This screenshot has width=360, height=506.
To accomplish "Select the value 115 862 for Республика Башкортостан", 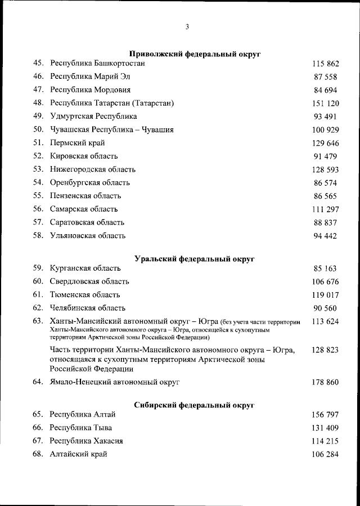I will coord(325,64).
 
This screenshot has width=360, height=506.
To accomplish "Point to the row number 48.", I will coord(38,103).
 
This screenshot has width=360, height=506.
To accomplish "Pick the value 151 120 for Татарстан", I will coord(325,103).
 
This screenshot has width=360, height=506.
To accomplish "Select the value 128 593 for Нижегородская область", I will coord(325,169).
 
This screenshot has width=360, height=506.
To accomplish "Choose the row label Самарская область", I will coord(84,209).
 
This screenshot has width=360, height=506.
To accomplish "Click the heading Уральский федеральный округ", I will coord(195,259).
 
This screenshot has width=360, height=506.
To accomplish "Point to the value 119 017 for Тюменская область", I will coord(325,294).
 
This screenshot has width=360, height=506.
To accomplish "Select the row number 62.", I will coord(38,308).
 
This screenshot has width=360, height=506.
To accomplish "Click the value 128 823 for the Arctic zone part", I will coord(325,350).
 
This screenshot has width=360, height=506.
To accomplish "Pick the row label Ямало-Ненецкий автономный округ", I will coord(115,382).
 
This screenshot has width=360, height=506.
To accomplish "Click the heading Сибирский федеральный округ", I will coord(195,405).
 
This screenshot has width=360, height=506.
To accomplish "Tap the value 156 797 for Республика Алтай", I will coord(325,415).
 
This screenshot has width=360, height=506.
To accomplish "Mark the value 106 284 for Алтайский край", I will coord(325,454).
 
